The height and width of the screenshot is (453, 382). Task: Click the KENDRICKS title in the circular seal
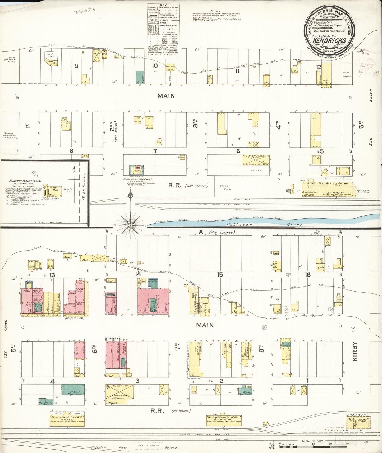pos(329,40)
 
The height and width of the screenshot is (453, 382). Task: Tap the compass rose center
pos(130,225)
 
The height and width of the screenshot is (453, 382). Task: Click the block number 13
pos(52,275)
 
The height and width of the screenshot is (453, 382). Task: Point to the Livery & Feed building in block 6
pos(256,160)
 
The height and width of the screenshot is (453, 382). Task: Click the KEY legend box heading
pos(163,5)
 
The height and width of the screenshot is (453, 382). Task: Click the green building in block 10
pos(139,77)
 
